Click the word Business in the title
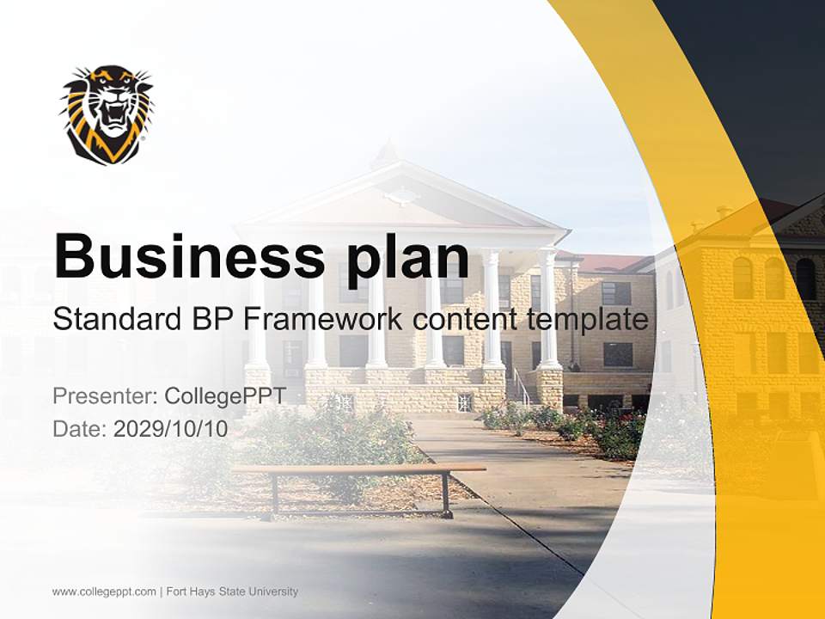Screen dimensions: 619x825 (x=183, y=255)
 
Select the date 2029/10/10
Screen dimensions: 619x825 (x=171, y=428)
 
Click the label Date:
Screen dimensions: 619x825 (x=79, y=428)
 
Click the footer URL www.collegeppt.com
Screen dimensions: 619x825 (x=104, y=591)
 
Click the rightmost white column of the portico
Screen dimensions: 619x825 (x=547, y=309)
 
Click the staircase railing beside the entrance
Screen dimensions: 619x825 (x=520, y=387)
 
